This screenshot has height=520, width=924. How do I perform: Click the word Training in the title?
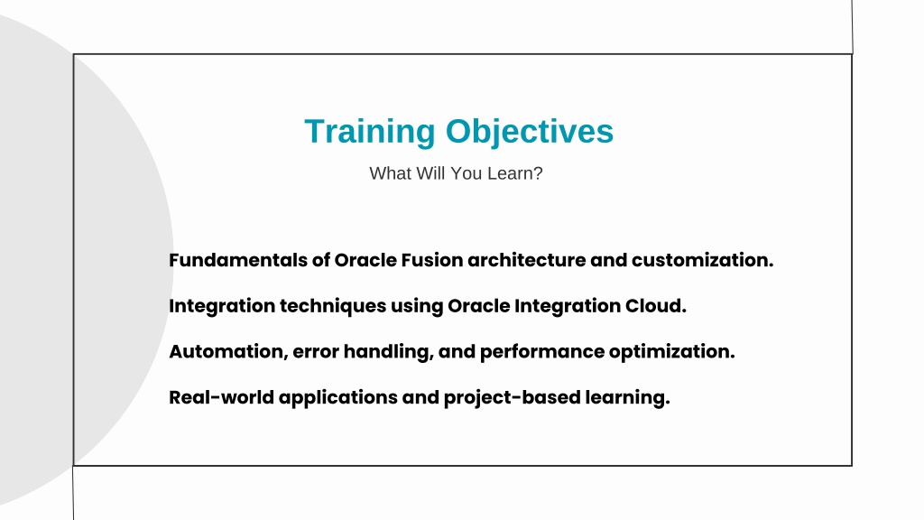click(x=369, y=132)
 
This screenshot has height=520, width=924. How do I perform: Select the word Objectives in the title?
click(x=530, y=132)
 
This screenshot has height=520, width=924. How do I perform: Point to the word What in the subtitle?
click(x=390, y=173)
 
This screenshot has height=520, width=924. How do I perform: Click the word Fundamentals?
click(x=238, y=260)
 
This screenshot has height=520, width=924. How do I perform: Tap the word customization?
click(x=702, y=260)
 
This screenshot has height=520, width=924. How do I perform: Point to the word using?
click(x=417, y=307)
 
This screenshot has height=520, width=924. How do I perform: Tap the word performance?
click(x=542, y=352)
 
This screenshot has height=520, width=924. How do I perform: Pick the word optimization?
click(x=671, y=352)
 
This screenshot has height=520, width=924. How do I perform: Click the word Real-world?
click(x=222, y=397)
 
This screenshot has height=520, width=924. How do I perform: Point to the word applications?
click(x=338, y=398)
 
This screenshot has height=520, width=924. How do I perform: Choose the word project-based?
click(x=513, y=398)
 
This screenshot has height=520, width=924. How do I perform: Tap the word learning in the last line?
click(x=628, y=398)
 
